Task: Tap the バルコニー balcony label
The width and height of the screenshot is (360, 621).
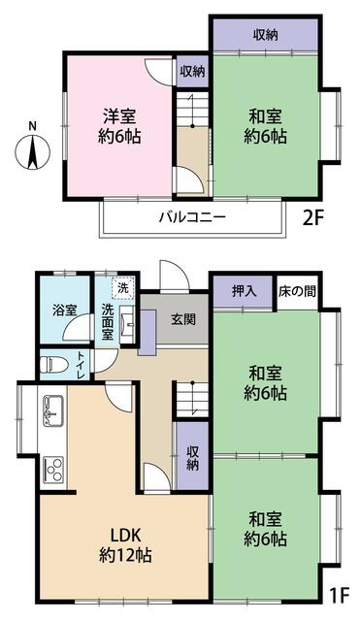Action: click(192, 217)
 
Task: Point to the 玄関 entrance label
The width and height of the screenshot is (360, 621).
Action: click(182, 319)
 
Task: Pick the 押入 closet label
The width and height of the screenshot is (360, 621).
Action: click(245, 291)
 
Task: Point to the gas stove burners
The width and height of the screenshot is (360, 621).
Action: click(52, 473)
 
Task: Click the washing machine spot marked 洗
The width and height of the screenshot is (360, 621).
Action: click(123, 287)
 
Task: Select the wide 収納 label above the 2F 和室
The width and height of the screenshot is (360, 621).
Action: click(266, 36)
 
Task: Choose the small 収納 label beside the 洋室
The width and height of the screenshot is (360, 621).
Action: click(192, 72)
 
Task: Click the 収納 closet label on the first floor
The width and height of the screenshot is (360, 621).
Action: click(192, 455)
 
